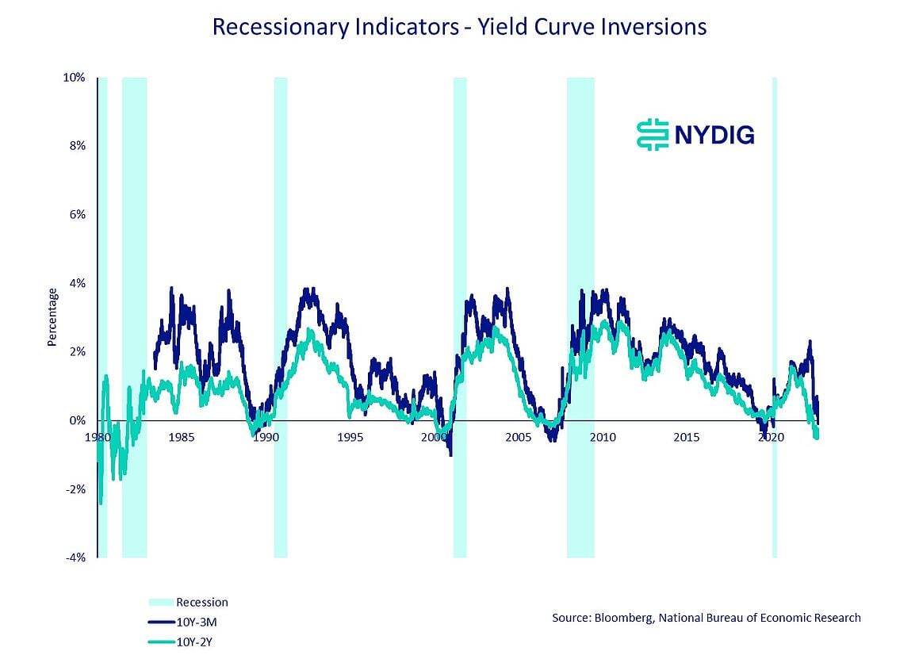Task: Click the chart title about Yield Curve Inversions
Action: (459, 27)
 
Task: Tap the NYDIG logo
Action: (695, 134)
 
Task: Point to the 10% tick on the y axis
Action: (75, 78)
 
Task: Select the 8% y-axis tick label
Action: (77, 146)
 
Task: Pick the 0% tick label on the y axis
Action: (77, 420)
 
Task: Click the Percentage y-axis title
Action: (52, 317)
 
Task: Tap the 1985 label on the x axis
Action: (181, 437)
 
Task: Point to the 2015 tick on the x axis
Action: (687, 437)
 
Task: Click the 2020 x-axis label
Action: (771, 437)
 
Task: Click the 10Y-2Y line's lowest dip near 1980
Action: (101, 503)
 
